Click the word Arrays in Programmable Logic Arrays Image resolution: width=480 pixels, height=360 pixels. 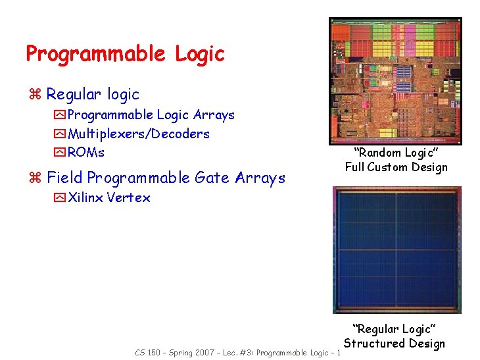coord(214,115)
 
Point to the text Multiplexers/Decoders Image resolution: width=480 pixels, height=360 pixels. coord(139,134)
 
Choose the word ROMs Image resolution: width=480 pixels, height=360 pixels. coord(86,152)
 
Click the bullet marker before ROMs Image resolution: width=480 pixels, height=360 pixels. coord(60,153)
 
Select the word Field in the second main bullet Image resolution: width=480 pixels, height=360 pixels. coord(64,178)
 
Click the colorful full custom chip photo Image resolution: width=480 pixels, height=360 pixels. coord(395,81)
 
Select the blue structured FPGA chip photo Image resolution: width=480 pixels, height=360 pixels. coord(396,249)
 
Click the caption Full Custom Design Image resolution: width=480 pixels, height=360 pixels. coord(396,167)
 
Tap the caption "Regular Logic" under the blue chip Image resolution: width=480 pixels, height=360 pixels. coord(395,328)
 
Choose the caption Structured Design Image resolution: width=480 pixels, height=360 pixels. coord(395,343)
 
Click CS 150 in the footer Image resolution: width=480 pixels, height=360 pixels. coord(149,353)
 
